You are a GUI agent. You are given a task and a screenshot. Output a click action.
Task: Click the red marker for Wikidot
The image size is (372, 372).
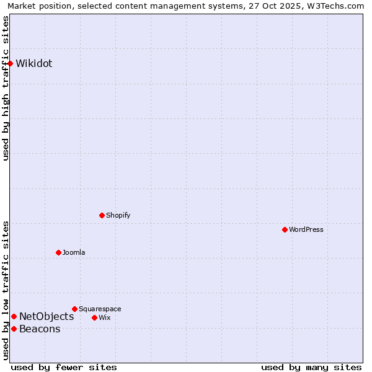(x=11, y=63)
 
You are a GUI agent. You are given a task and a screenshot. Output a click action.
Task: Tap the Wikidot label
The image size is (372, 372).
(x=34, y=63)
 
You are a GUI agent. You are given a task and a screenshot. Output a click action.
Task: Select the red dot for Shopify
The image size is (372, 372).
(x=102, y=215)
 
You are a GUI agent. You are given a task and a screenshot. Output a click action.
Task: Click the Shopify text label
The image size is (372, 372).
(x=118, y=215)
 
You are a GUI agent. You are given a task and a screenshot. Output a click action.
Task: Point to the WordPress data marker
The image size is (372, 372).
(x=285, y=229)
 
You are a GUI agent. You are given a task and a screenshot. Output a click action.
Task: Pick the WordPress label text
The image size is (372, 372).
(x=306, y=229)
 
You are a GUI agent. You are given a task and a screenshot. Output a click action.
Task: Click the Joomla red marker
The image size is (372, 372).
(x=58, y=252)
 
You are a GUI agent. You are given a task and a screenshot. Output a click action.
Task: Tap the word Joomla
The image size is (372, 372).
(x=74, y=252)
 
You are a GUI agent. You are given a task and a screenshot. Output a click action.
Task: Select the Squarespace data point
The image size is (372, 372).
(x=74, y=309)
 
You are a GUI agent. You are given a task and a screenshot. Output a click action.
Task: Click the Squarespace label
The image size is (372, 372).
(x=100, y=309)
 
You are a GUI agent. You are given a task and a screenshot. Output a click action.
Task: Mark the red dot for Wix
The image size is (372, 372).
(x=94, y=317)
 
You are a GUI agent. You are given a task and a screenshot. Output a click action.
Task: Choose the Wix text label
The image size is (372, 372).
(x=104, y=317)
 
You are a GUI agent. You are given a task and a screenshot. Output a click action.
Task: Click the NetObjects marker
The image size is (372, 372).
(x=14, y=316)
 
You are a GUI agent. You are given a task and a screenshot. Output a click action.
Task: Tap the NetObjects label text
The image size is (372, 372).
(x=46, y=316)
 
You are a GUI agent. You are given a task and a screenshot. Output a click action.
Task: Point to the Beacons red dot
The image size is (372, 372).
(x=14, y=329)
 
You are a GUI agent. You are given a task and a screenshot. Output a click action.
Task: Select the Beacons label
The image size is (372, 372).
(x=40, y=329)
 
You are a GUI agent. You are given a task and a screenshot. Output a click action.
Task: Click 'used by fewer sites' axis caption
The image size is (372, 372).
(x=64, y=367)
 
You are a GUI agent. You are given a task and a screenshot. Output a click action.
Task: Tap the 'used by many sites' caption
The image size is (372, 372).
(x=311, y=367)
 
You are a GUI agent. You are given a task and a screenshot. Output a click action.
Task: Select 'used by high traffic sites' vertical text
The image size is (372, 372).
(x=6, y=88)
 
